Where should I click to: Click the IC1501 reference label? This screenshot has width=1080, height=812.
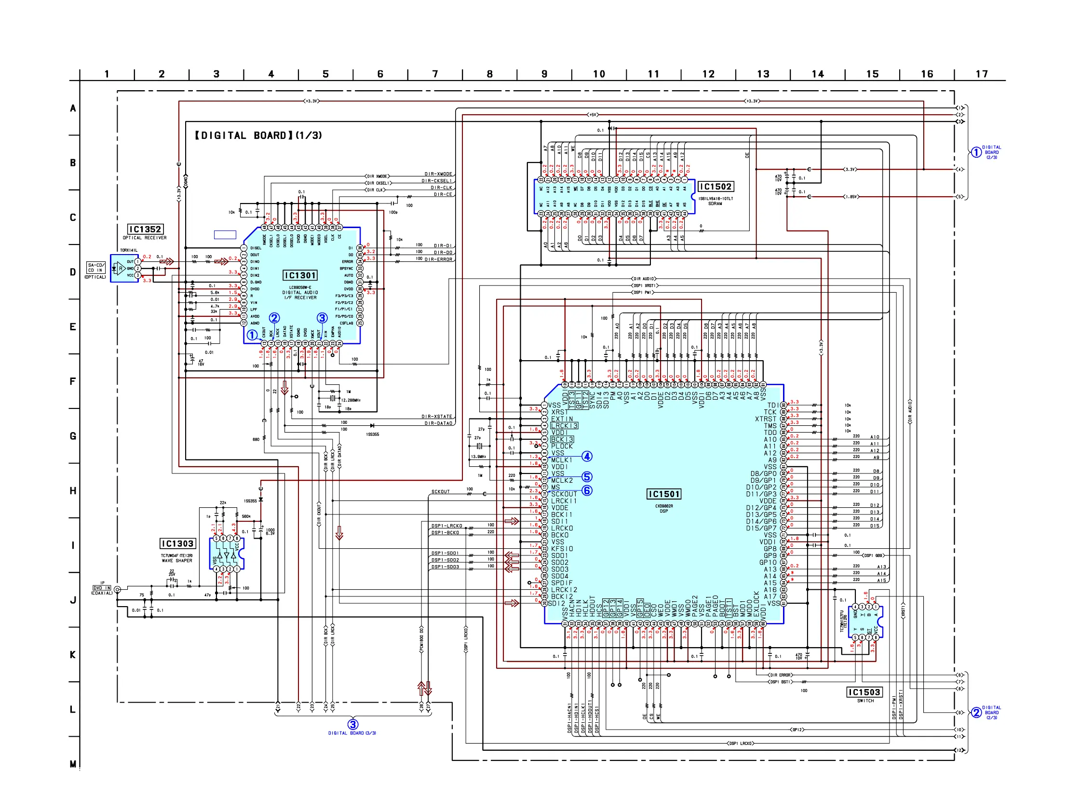(663, 494)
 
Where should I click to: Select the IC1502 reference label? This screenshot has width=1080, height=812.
(716, 187)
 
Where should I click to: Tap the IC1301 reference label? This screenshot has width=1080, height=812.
(300, 275)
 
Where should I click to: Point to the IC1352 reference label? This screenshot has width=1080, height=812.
(145, 229)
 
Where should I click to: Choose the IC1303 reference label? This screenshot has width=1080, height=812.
(178, 543)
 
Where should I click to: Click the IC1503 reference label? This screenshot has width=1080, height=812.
(864, 692)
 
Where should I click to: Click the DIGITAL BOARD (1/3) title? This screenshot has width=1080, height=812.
(258, 135)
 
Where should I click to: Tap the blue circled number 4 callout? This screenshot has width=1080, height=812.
(587, 456)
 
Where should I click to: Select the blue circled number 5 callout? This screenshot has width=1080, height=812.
(587, 476)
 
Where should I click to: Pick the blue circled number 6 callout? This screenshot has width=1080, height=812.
(587, 490)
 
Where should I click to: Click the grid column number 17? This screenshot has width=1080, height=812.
(981, 74)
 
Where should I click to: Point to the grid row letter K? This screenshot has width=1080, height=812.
(73, 654)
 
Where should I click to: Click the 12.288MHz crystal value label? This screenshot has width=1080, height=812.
(351, 400)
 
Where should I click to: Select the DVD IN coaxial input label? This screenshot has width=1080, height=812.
(102, 588)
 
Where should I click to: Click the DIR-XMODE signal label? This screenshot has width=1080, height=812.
(438, 174)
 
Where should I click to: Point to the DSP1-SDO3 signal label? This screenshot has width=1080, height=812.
(445, 567)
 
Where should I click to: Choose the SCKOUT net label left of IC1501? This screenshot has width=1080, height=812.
(440, 492)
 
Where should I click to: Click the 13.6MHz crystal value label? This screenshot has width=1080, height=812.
(478, 457)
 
